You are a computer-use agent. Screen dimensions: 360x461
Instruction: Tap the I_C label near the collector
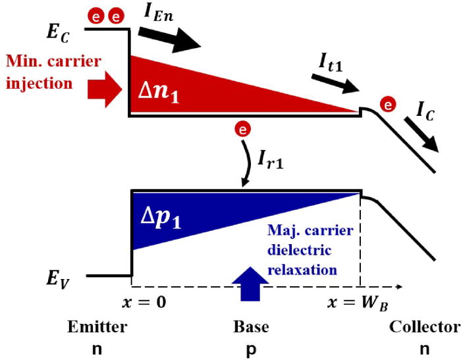427,107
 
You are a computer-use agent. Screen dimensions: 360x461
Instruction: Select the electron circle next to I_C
389,104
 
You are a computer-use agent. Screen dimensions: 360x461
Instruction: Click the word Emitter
96,326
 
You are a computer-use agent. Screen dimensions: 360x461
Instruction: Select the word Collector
423,326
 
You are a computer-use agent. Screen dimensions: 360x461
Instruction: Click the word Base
251,326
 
